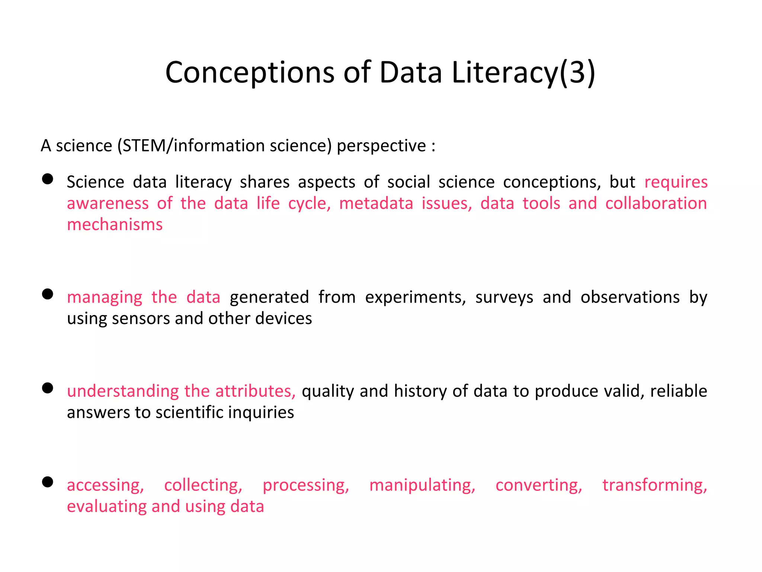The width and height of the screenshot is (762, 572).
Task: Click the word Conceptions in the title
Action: tap(249, 73)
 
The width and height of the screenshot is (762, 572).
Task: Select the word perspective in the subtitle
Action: tap(381, 146)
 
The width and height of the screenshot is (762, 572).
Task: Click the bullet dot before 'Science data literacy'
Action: tap(48, 179)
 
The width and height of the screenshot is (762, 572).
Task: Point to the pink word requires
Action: tap(676, 182)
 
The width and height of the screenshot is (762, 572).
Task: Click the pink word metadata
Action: tap(376, 203)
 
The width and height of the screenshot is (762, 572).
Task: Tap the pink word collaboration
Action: tap(656, 203)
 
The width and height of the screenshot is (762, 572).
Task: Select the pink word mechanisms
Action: tap(115, 225)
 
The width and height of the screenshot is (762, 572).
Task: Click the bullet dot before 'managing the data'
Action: tap(48, 294)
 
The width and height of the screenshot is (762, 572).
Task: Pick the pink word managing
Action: tap(105, 298)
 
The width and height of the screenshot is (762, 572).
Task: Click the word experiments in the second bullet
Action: tap(415, 297)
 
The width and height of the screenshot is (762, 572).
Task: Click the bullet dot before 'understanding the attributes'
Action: tap(48, 388)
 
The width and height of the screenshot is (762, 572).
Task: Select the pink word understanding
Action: tap(123, 391)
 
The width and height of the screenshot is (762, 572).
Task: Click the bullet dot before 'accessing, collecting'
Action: tap(48, 482)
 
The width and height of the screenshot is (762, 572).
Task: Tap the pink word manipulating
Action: tap(422, 485)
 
